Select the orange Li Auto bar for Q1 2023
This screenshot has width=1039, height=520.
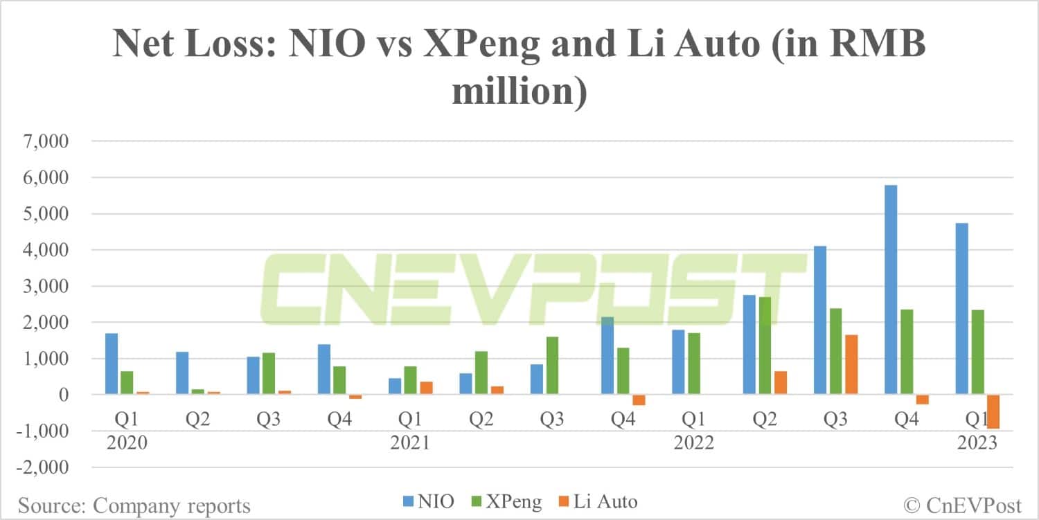[993, 411]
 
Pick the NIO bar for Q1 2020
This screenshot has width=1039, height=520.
[111, 364]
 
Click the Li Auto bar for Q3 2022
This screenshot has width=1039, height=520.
[851, 364]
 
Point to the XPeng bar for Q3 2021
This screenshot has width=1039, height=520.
[551, 366]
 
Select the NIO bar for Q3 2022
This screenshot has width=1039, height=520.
[819, 320]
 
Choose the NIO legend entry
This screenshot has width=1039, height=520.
[428, 501]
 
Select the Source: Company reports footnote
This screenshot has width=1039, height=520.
[134, 505]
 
